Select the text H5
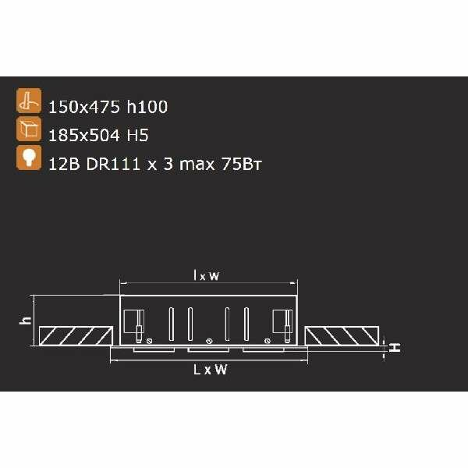(137, 135)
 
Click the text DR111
(105, 163)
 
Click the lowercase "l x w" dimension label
(207, 275)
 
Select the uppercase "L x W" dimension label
(210, 370)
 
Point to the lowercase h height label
(24, 320)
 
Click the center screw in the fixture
(208, 341)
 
